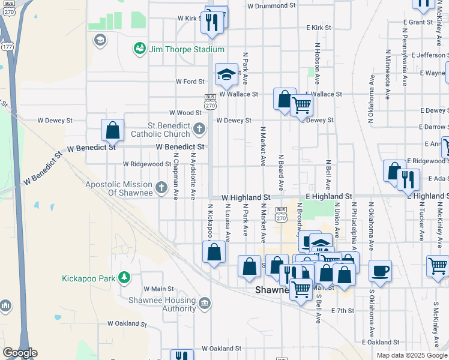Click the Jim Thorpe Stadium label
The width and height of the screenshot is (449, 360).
tap(187, 49)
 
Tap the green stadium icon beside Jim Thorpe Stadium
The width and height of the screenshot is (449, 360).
tap(140, 47)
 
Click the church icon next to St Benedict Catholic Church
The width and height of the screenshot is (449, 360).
tap(199, 128)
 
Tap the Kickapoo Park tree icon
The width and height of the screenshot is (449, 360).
tap(124, 277)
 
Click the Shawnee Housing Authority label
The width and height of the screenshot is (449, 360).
tap(163, 305)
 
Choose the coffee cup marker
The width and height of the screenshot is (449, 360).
tap(380, 271)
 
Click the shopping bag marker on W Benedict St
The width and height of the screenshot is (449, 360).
tap(112, 130)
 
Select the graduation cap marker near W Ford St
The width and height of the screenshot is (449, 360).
tap(226, 74)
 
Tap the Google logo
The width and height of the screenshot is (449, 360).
tap(20, 353)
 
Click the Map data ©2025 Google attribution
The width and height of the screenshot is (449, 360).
tap(411, 355)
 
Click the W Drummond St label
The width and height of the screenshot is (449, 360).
tap(272, 5)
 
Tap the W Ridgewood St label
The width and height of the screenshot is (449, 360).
tap(147, 164)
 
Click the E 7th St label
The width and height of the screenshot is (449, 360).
tap(343, 311)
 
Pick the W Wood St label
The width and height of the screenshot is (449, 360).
tap(185, 113)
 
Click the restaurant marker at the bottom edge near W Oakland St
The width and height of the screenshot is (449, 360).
tap(182, 356)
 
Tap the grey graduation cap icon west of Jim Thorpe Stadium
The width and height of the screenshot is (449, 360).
tap(100, 40)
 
